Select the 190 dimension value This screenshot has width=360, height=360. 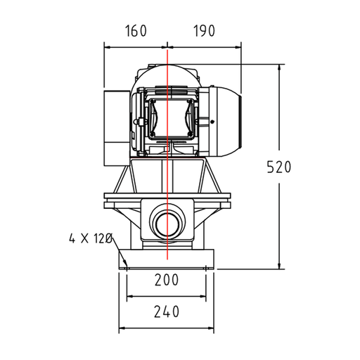tap(201, 31)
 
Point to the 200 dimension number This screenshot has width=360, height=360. tap(166, 280)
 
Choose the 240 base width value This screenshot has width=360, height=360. tap(166, 311)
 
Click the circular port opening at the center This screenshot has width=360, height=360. tap(167, 224)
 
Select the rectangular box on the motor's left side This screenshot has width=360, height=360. tap(115, 127)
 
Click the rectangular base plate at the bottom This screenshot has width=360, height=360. tap(166, 258)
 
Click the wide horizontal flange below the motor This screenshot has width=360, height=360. tap(167, 196)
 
